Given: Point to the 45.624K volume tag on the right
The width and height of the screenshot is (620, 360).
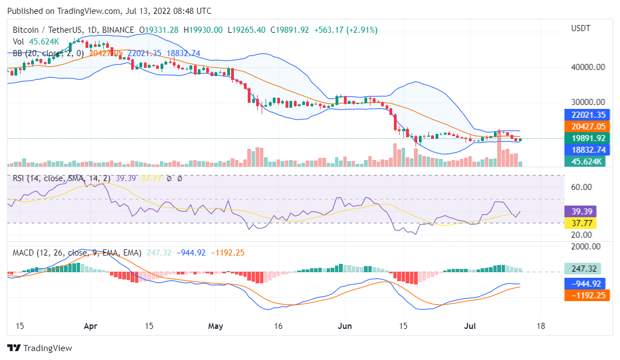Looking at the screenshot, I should tap(583, 162).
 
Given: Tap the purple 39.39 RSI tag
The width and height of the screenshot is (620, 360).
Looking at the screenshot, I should tap(580, 212).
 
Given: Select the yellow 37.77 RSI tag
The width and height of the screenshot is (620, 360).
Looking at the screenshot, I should tap(580, 223).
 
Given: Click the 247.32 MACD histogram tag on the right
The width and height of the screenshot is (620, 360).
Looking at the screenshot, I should tap(583, 269).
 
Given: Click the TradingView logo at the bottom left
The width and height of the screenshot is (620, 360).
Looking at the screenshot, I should tap(39, 348).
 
